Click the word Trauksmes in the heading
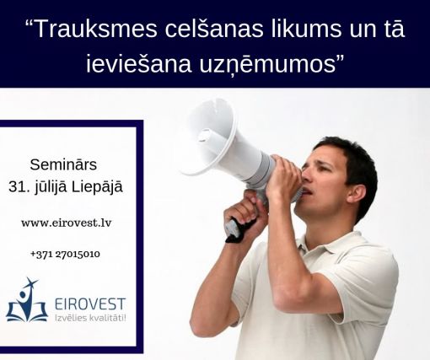(x=96, y=29)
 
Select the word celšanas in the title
(x=214, y=28)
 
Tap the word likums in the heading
(x=306, y=28)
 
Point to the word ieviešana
(x=138, y=64)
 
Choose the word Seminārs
(x=63, y=164)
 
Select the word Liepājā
(x=97, y=187)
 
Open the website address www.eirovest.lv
(x=67, y=223)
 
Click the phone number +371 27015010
(x=65, y=254)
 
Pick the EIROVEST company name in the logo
(x=90, y=304)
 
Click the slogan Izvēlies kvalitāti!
(x=90, y=318)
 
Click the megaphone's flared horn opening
(x=208, y=137)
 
